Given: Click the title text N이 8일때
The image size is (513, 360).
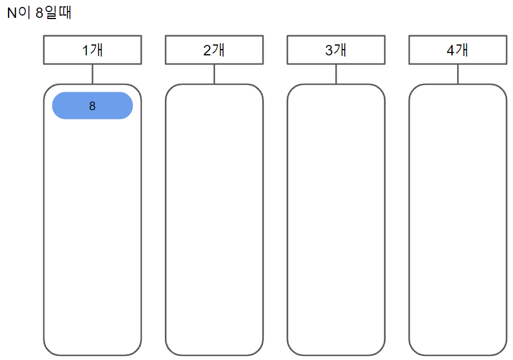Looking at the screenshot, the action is [x=39, y=13].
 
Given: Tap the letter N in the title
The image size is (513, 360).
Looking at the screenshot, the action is [x=12, y=13].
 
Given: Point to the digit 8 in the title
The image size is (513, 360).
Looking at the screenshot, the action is [x=39, y=13].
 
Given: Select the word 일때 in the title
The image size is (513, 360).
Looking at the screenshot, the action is [x=58, y=13].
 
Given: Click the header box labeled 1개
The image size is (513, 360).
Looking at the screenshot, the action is [x=92, y=50].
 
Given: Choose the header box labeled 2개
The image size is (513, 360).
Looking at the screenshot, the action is [x=214, y=50].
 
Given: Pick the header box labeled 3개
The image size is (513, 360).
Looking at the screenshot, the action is [x=336, y=50].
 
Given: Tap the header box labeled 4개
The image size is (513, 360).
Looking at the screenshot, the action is [x=458, y=50].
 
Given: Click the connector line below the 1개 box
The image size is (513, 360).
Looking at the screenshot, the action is [x=92, y=74].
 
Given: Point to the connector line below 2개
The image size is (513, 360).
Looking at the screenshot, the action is [x=214, y=74].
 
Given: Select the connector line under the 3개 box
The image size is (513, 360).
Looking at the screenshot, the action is [x=336, y=74].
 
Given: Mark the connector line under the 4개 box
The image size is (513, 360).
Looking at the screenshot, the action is [x=458, y=74].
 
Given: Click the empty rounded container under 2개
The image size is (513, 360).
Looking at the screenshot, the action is [x=214, y=219].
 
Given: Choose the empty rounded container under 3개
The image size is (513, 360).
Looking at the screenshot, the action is [x=336, y=219].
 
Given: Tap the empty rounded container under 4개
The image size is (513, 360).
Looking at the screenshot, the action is [x=458, y=219].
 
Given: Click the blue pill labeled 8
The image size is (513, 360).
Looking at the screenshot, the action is [x=92, y=106].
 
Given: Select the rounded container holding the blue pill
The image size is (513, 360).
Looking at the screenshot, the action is [x=92, y=231].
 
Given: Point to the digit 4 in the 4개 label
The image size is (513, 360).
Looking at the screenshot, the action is [x=450, y=50].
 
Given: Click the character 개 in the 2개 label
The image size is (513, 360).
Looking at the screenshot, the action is [x=218, y=50].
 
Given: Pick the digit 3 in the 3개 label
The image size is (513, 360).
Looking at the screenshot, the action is [x=329, y=50].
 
